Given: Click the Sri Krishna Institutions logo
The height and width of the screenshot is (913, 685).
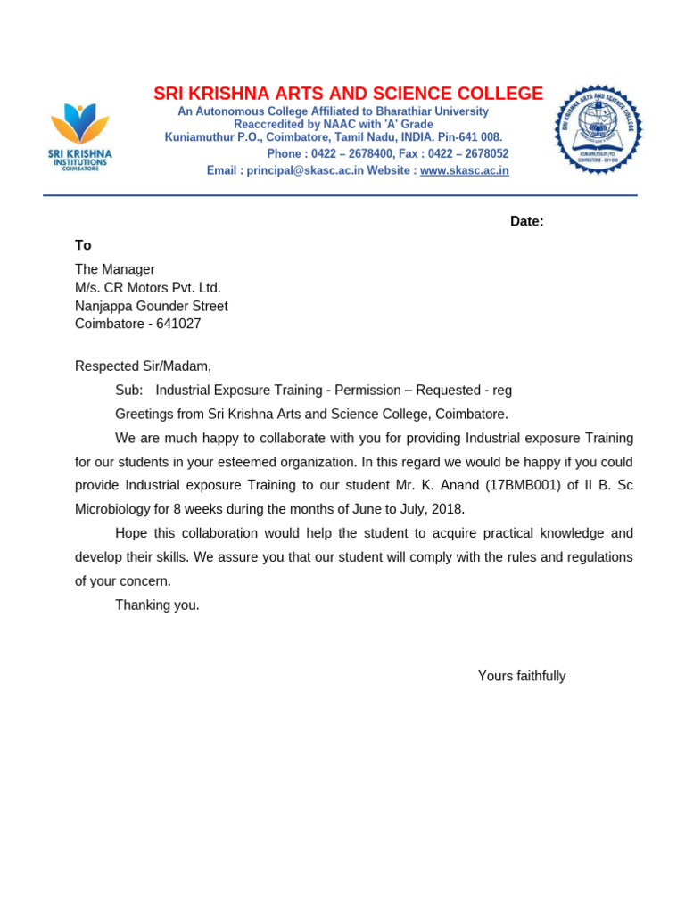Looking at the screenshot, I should (x=79, y=136).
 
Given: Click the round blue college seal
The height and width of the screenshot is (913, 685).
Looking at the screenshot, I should (x=598, y=128).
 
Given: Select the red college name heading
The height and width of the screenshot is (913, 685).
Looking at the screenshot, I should (x=348, y=94).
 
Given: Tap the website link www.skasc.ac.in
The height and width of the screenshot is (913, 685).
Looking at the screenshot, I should (x=464, y=170).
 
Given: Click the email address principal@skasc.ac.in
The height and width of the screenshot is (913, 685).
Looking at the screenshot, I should (x=305, y=170).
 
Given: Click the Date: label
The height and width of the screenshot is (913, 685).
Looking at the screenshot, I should (x=526, y=221).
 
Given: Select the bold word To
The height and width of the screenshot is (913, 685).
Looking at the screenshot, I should (x=83, y=245).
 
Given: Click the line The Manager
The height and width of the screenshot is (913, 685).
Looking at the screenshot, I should (x=114, y=269).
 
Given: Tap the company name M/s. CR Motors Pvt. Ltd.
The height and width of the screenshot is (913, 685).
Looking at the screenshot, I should (x=147, y=287).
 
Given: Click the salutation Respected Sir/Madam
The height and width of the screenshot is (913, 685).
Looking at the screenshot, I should (x=143, y=366).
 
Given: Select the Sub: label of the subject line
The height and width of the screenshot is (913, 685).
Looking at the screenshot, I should (x=128, y=390).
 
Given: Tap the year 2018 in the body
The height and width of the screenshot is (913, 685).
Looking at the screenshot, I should (x=448, y=509).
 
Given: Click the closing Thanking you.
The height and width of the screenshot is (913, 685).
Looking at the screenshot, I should (x=157, y=605).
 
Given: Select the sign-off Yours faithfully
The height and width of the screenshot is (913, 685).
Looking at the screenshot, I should (x=522, y=676).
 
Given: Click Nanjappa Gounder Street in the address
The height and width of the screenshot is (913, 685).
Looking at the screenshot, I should (x=151, y=306).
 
